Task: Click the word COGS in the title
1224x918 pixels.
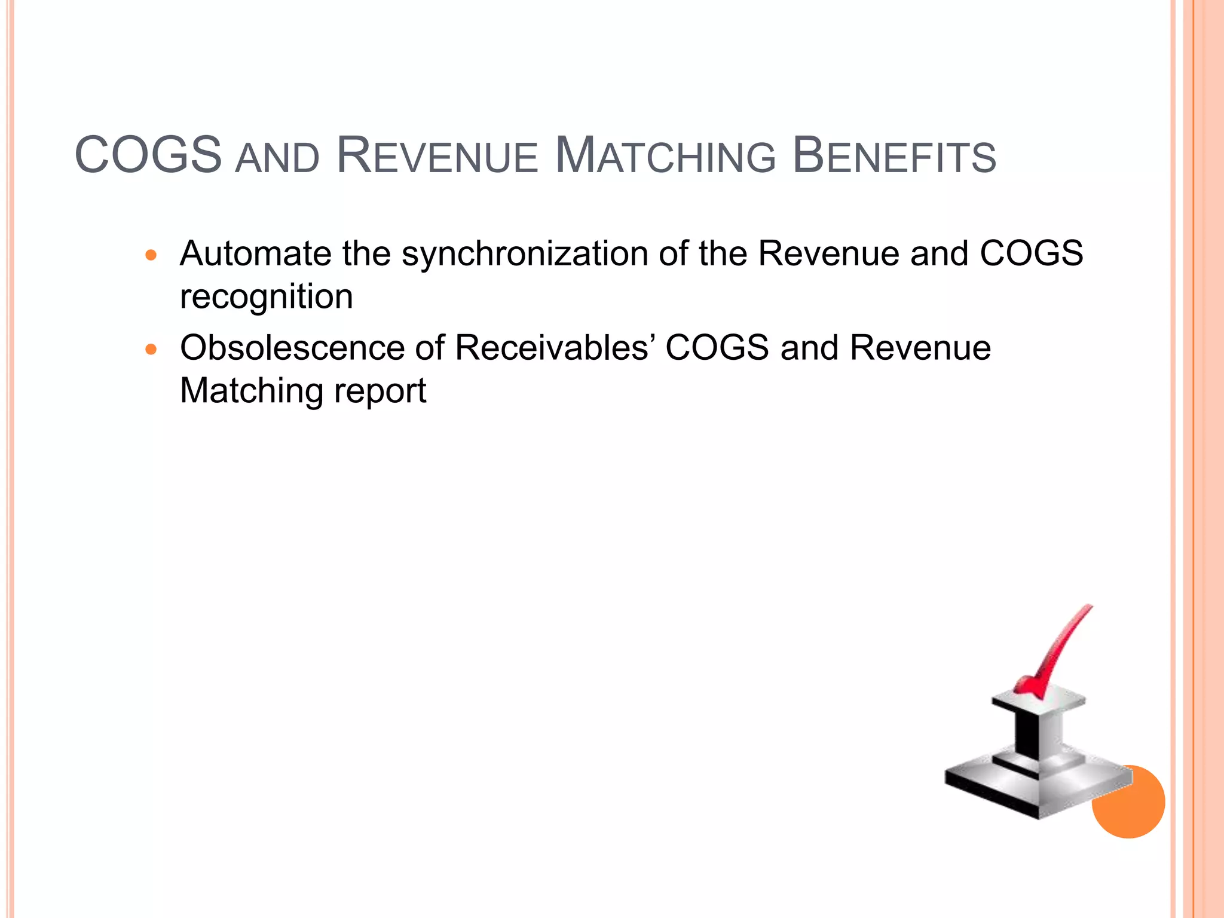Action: point(148,155)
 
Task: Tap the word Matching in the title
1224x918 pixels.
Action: point(665,156)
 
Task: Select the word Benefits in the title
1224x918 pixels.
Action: point(893,156)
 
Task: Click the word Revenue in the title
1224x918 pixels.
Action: point(437,156)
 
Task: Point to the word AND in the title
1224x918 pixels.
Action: point(277,159)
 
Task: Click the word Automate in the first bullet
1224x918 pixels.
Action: point(255,253)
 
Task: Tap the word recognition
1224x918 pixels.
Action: point(267,297)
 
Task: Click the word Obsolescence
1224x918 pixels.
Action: point(292,347)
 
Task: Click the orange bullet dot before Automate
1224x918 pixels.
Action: point(151,256)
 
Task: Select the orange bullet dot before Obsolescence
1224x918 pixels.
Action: point(151,350)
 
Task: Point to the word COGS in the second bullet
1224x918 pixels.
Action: point(717,347)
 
